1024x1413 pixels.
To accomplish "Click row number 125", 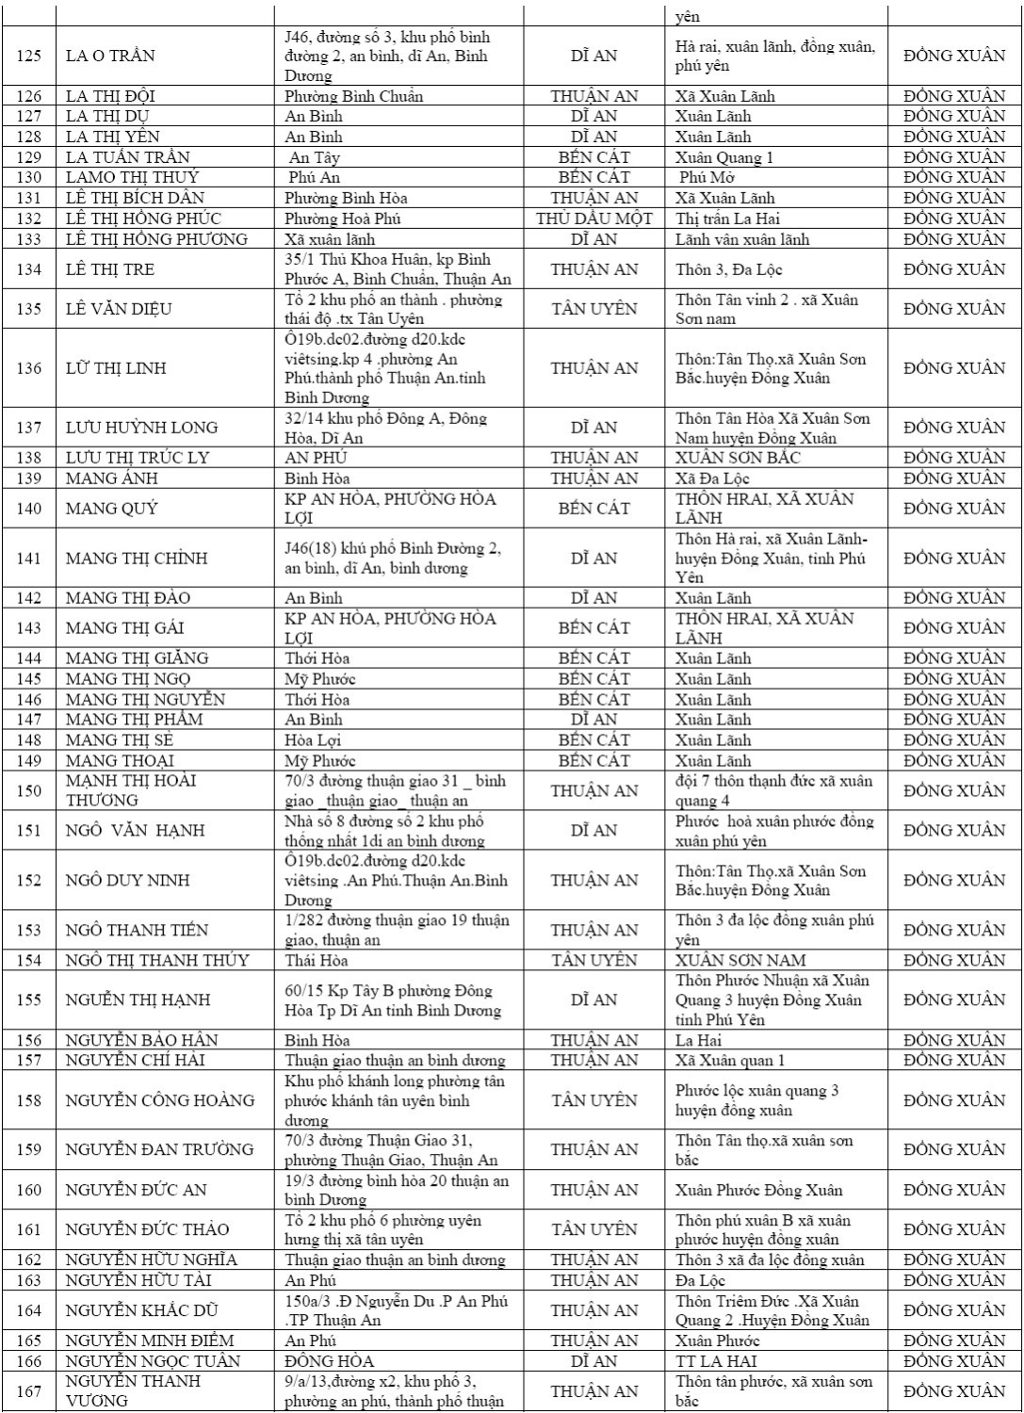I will pyautogui.click(x=29, y=56).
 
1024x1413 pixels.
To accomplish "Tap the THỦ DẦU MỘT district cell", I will pyautogui.click(x=593, y=219).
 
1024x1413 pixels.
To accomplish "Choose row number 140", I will pyautogui.click(x=29, y=509).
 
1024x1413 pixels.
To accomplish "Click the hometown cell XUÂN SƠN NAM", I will pyautogui.click(x=740, y=961).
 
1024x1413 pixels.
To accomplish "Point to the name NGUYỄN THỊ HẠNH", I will pyautogui.click(x=138, y=1000).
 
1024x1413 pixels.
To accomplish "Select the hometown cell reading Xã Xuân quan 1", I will pyautogui.click(x=730, y=1061).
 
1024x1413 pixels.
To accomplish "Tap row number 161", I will pyautogui.click(x=29, y=1229).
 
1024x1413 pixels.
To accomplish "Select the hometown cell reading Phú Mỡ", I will pyautogui.click(x=707, y=177).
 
